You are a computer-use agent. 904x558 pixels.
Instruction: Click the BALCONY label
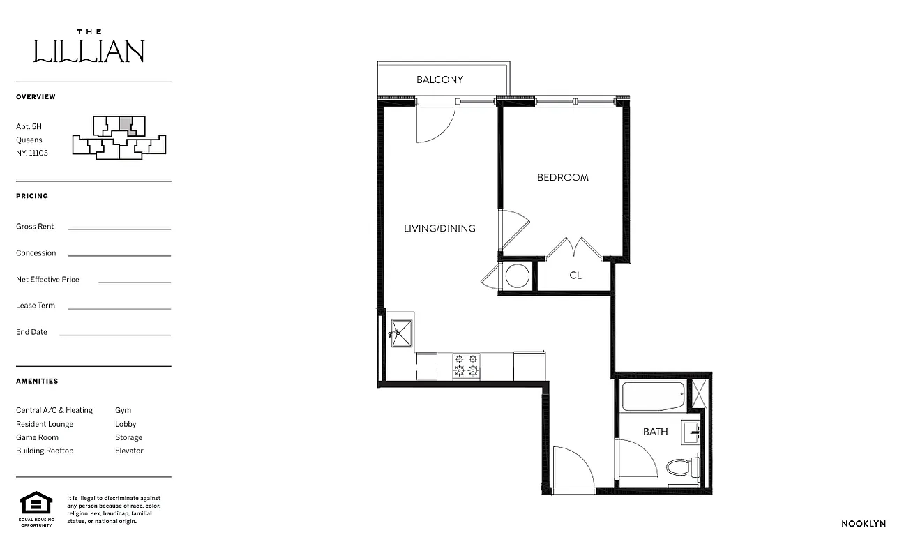click(439, 80)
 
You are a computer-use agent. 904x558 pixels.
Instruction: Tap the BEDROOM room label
click(562, 177)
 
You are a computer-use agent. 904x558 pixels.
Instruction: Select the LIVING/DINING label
click(439, 228)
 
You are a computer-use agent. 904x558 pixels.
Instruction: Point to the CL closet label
click(575, 276)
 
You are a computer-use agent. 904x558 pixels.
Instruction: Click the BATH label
click(655, 432)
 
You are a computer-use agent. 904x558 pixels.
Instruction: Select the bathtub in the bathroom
click(653, 397)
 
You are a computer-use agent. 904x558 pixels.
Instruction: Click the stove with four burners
click(466, 365)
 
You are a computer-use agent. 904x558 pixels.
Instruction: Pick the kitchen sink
click(402, 333)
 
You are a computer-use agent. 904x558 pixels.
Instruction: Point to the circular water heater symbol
click(518, 276)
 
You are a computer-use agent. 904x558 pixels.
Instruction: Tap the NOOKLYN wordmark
click(863, 523)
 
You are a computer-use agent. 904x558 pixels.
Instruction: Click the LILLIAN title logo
click(89, 49)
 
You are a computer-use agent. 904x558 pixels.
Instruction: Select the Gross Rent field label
click(35, 227)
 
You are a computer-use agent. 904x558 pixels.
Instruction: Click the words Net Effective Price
click(47, 280)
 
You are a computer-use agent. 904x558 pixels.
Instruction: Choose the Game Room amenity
click(38, 437)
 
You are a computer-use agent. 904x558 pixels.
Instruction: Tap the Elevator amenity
click(129, 451)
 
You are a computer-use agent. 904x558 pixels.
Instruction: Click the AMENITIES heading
click(37, 382)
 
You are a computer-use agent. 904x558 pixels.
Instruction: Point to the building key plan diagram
click(119, 136)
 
